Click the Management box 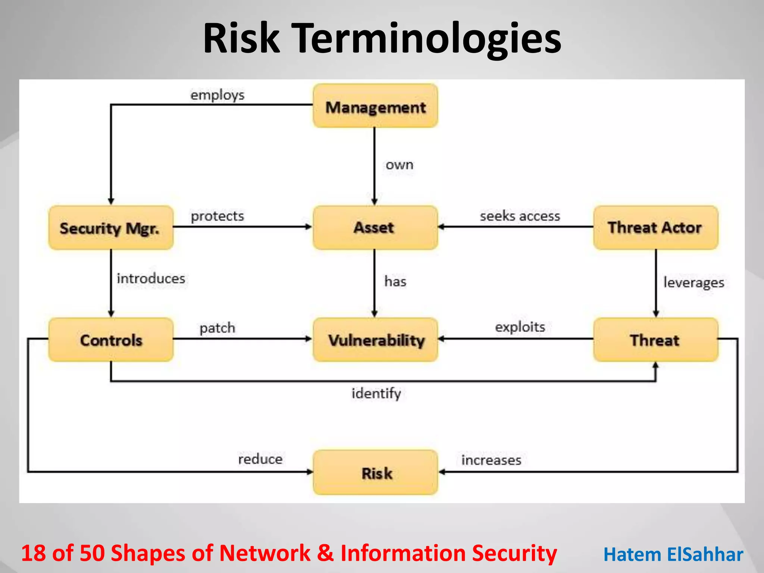pyautogui.click(x=375, y=106)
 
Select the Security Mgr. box pyautogui.click(x=111, y=228)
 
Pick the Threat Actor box pyautogui.click(x=655, y=228)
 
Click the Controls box pyautogui.click(x=111, y=340)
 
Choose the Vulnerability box pyautogui.click(x=375, y=340)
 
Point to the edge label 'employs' pyautogui.click(x=217, y=95)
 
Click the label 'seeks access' pyautogui.click(x=520, y=216)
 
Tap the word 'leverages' pyautogui.click(x=693, y=282)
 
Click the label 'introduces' pyautogui.click(x=151, y=279)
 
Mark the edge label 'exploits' pyautogui.click(x=520, y=327)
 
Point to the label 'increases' pyautogui.click(x=491, y=460)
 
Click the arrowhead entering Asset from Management pyautogui.click(x=375, y=202)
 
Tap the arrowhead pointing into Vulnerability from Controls pyautogui.click(x=309, y=339)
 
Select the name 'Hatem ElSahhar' pyautogui.click(x=673, y=554)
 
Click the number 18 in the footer pyautogui.click(x=34, y=553)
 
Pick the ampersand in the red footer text pyautogui.click(x=325, y=553)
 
